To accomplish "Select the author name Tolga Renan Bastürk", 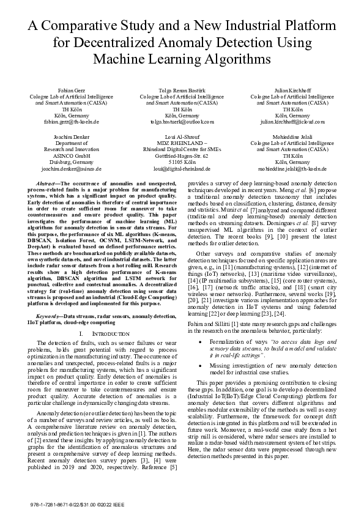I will pos(181,90).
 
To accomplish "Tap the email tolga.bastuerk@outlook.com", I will pos(181,122).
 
